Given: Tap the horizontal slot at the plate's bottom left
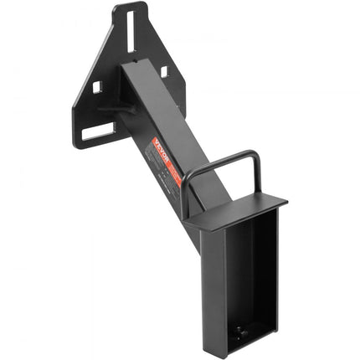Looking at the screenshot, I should coord(99,132).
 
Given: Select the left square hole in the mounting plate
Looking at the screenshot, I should coord(98,86).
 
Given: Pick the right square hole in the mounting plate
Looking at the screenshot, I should coord(164,71).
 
